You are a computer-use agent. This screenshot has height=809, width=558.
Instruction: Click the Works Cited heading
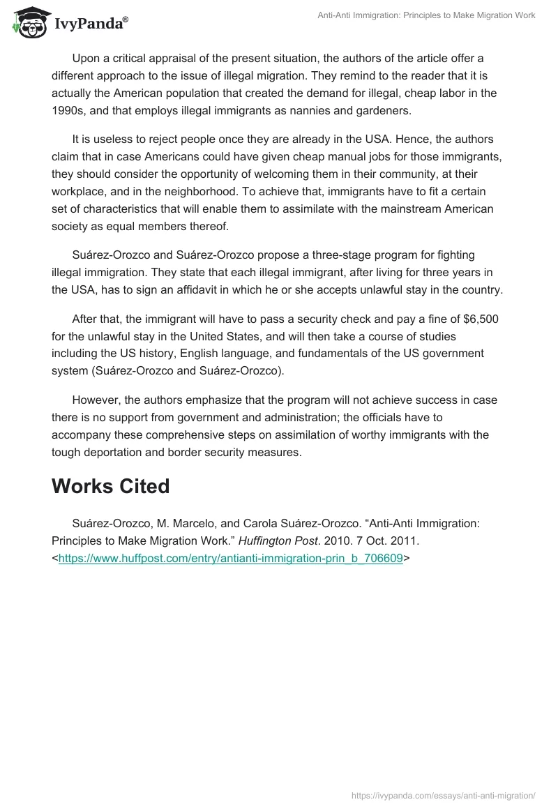coord(110,486)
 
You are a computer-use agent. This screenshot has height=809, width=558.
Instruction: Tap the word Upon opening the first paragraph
coord(86,56)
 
